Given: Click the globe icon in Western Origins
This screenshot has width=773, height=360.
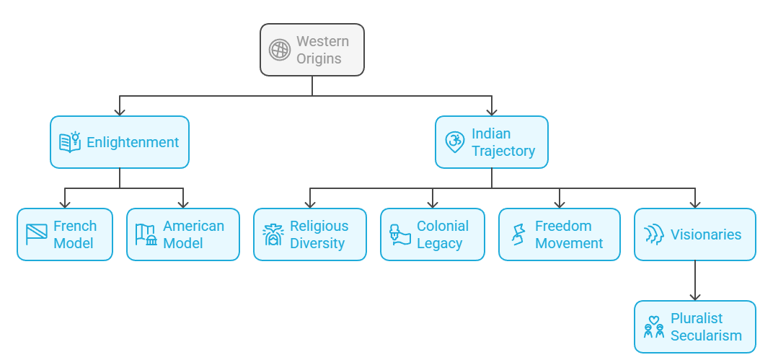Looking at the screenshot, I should click(x=280, y=50).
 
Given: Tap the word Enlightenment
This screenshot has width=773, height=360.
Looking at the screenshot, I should click(x=133, y=142).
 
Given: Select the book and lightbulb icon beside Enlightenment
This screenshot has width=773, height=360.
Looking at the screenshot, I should click(x=69, y=142).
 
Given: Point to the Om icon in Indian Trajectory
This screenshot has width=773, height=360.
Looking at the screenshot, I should click(x=454, y=142).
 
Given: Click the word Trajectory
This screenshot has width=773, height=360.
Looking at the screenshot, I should click(x=503, y=151).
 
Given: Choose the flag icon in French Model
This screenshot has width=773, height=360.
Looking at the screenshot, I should click(x=36, y=234).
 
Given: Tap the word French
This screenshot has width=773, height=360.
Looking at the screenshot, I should click(x=75, y=226).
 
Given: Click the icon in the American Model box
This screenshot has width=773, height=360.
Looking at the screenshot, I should click(x=146, y=234).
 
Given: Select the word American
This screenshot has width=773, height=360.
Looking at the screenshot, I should click(x=193, y=226).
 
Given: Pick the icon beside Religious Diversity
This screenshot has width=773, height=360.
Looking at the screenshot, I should click(x=273, y=234).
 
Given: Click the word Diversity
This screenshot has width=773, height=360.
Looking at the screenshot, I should click(x=317, y=243).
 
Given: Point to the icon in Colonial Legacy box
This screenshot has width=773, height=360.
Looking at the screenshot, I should click(x=399, y=234).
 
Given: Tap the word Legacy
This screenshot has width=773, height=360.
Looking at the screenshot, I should click(x=439, y=243).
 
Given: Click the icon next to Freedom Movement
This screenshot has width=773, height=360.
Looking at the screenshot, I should click(x=518, y=234).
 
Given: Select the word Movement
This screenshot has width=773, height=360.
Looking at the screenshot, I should click(x=569, y=243).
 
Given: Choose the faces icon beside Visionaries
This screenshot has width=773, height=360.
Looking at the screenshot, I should click(x=653, y=234).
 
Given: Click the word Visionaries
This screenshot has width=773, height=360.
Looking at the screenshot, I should click(x=706, y=234).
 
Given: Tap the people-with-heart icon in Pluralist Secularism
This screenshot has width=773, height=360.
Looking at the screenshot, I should click(x=653, y=327).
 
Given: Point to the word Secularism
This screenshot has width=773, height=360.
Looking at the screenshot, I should click(x=706, y=335).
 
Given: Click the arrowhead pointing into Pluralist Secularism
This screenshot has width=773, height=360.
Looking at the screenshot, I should click(x=695, y=296).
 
